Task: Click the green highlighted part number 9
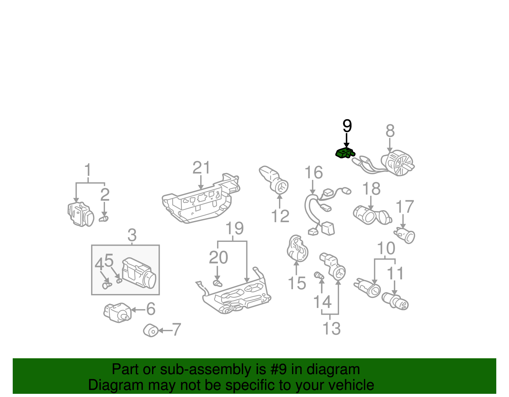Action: [x=345, y=153]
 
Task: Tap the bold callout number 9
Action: [x=347, y=126]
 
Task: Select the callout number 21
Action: [x=201, y=168]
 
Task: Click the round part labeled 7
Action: [x=151, y=331]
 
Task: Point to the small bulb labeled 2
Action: [x=104, y=219]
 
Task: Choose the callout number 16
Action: [x=313, y=173]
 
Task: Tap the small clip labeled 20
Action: [x=217, y=283]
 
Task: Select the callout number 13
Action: [x=331, y=328]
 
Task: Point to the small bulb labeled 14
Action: [x=319, y=276]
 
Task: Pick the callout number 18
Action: [x=371, y=189]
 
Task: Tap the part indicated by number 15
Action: [x=297, y=249]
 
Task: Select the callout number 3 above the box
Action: [x=132, y=236]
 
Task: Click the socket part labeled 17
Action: [x=405, y=236]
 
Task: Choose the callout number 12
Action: [x=280, y=216]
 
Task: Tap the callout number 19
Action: [x=235, y=228]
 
